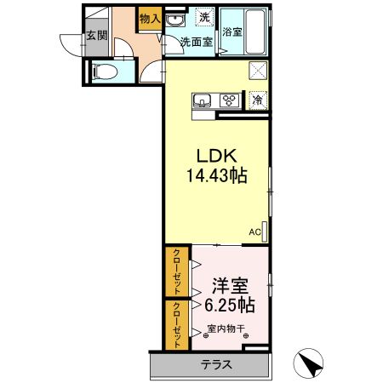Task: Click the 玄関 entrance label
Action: (97, 36)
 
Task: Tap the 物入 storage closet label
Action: (150, 19)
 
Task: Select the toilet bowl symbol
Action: (105, 71)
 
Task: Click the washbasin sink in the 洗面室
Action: (175, 20)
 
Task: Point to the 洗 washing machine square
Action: (204, 17)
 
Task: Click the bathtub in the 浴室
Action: (255, 31)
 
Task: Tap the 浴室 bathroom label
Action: (232, 31)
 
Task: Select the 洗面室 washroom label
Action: (197, 42)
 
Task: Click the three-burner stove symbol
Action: (229, 100)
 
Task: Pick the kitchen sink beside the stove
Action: (202, 100)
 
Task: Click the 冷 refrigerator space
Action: (258, 100)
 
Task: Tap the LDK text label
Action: (217, 156)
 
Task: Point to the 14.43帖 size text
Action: (217, 175)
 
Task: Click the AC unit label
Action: (254, 232)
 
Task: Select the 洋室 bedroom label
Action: (231, 286)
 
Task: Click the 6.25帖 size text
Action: (230, 305)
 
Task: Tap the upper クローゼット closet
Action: (177, 272)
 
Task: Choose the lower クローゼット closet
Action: (177, 325)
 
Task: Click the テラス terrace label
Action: (216, 364)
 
